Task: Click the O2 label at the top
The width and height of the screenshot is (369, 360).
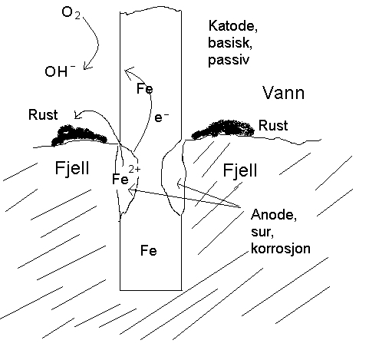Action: click(71, 12)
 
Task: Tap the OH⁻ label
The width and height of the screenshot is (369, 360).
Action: click(60, 71)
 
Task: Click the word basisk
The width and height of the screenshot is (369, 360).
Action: click(230, 42)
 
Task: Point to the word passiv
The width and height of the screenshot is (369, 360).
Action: click(229, 60)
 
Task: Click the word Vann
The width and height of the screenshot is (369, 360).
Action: click(284, 93)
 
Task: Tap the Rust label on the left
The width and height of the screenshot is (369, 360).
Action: click(43, 114)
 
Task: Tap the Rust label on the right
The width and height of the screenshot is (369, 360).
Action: click(273, 125)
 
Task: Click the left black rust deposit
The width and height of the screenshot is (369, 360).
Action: click(79, 136)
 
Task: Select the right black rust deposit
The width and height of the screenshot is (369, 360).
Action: click(223, 130)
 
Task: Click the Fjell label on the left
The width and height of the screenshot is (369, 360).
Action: click(72, 168)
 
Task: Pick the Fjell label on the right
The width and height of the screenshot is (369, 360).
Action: click(240, 170)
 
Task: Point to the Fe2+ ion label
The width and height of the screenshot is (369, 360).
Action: click(126, 176)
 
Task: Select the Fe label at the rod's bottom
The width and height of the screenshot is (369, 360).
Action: click(149, 250)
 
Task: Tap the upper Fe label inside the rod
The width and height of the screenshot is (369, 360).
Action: click(145, 88)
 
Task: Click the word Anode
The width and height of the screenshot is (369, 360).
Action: click(274, 214)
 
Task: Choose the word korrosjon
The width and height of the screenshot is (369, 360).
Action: click(281, 249)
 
